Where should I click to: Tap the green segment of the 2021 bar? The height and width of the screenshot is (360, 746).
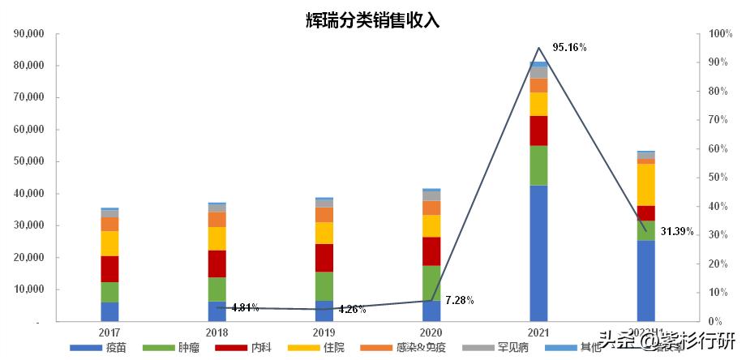(538, 165)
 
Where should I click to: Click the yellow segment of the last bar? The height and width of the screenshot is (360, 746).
(645, 185)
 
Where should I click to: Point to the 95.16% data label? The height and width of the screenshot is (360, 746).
(569, 48)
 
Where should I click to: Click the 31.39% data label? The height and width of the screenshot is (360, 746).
(677, 231)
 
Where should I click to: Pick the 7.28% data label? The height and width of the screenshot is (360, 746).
(459, 301)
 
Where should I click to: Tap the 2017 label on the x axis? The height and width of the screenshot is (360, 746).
(109, 333)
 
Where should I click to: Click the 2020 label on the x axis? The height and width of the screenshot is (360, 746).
(431, 333)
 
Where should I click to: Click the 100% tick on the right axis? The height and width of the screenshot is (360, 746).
(720, 34)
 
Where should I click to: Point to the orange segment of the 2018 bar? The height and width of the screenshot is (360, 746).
(217, 220)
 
